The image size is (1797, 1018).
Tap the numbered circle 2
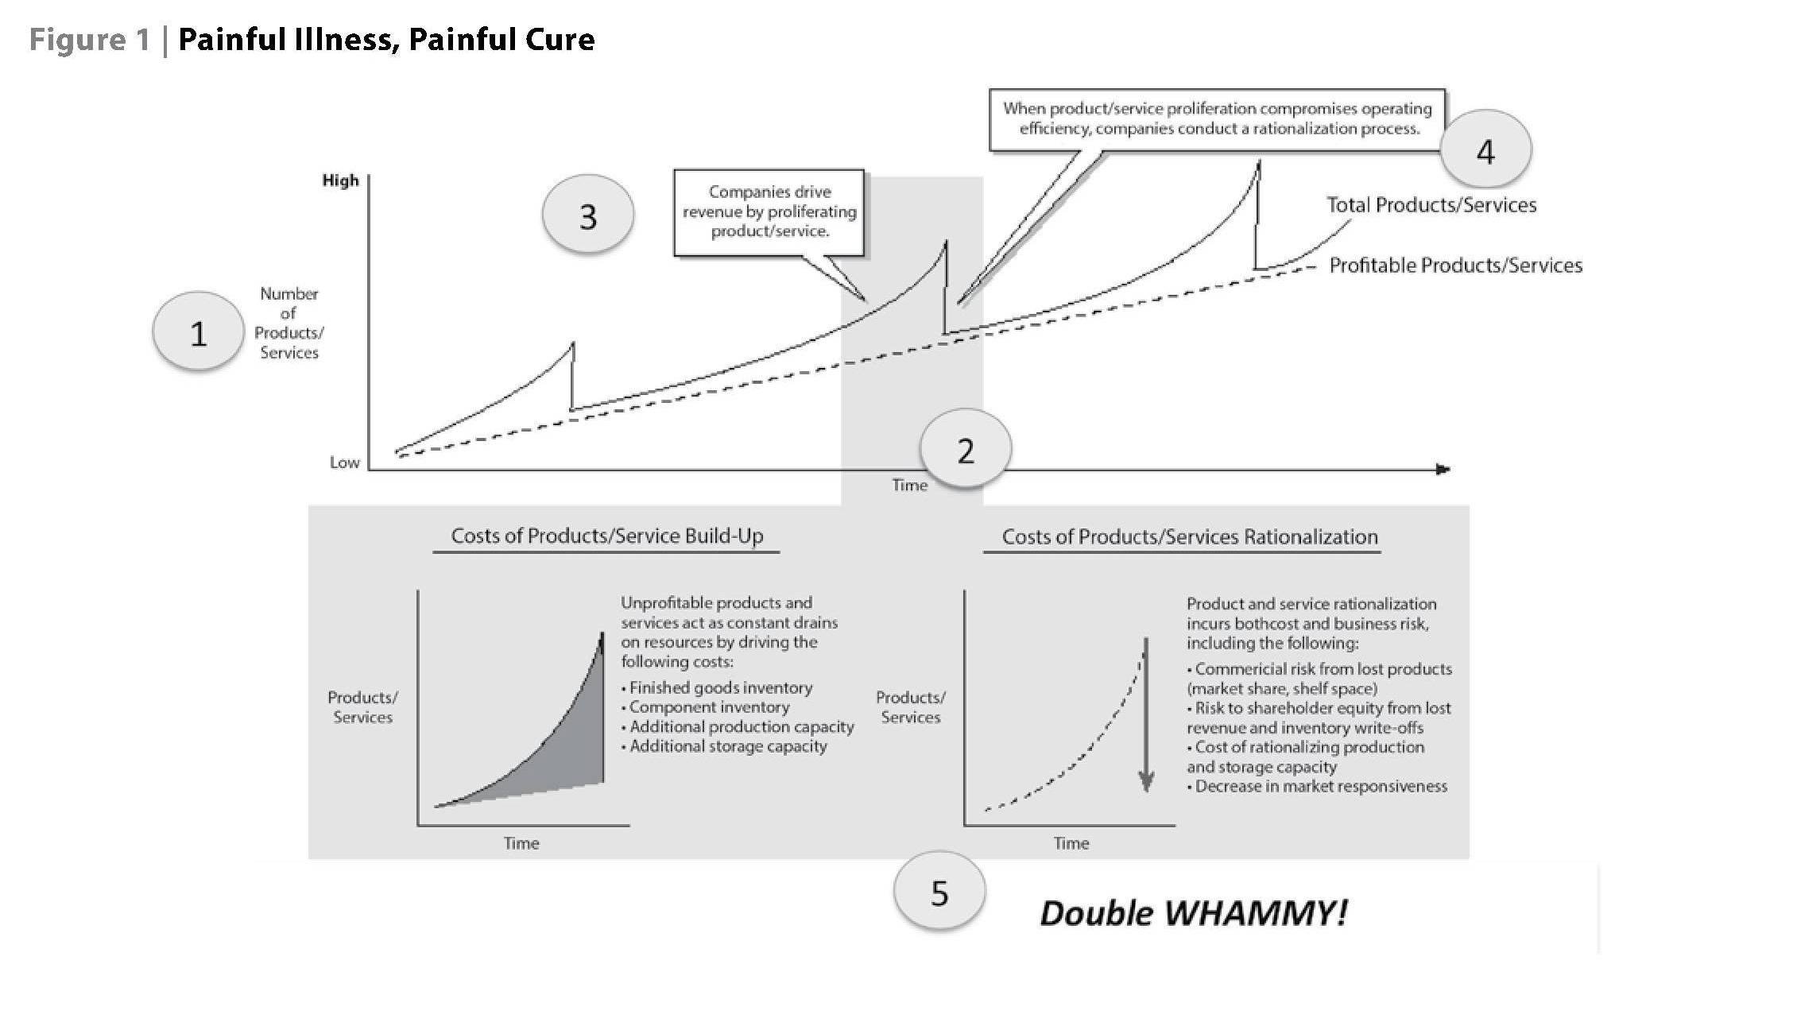tap(965, 450)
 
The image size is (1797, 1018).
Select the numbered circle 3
tap(587, 215)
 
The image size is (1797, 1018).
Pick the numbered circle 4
tap(1485, 149)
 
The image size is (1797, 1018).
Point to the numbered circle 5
tap(939, 892)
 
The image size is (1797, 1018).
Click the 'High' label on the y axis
tap(340, 180)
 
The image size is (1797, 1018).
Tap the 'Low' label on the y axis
tap(344, 463)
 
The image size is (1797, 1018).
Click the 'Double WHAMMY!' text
tap(1193, 913)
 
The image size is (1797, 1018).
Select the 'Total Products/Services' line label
tap(1431, 205)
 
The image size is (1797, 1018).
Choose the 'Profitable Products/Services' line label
tap(1455, 265)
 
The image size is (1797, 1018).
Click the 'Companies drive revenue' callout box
tap(769, 211)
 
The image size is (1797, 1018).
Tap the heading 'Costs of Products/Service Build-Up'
tap(606, 536)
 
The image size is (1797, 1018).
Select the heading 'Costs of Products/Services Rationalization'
tap(1189, 536)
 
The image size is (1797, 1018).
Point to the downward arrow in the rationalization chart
tap(1145, 715)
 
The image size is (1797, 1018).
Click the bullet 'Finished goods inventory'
tap(720, 687)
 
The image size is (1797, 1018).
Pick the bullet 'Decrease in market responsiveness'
tap(1321, 786)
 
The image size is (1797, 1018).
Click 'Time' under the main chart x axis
tap(909, 485)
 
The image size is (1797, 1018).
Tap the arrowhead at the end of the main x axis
tap(1443, 469)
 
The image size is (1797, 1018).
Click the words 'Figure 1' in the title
tap(89, 40)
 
